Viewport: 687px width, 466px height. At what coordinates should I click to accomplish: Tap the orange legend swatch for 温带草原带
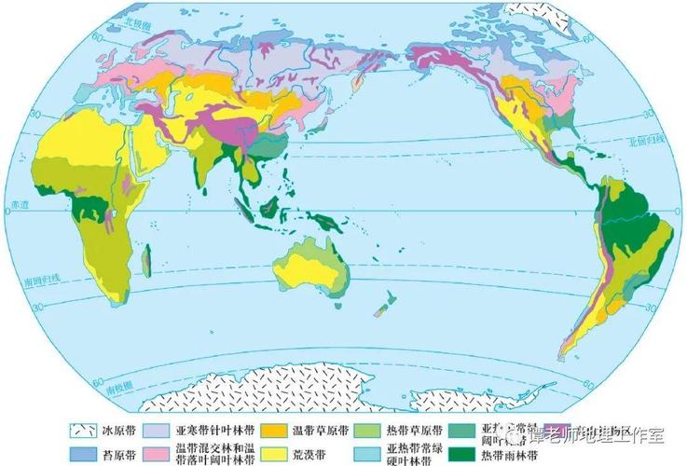tap(273, 432)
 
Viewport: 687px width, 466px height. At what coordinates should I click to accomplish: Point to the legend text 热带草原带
tap(407, 432)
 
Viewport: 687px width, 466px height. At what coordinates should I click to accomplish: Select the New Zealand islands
tap(381, 304)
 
